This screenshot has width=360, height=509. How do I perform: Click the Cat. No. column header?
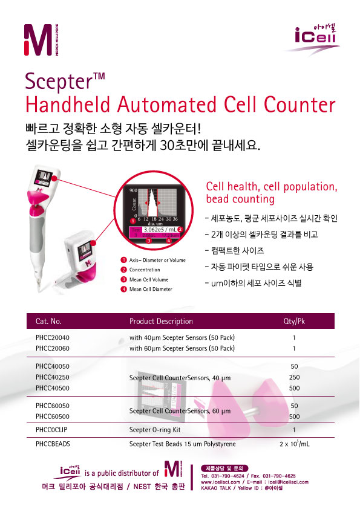(x=49, y=321)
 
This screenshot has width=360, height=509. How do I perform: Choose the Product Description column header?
(x=161, y=321)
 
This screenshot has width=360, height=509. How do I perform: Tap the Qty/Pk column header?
(x=294, y=321)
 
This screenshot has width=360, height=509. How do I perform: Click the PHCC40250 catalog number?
(x=53, y=377)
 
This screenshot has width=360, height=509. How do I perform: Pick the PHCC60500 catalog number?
(x=53, y=417)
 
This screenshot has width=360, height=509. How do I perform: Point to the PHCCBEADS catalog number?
(x=53, y=444)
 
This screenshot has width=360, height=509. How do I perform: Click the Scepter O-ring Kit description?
(x=155, y=430)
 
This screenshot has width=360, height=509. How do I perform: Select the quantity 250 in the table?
(x=294, y=377)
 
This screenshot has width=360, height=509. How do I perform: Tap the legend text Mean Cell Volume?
(x=149, y=280)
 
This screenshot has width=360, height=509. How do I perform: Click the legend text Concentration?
(x=145, y=270)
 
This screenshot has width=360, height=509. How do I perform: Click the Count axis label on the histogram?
(x=134, y=204)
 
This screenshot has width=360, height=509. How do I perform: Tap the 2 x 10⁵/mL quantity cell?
(x=294, y=444)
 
